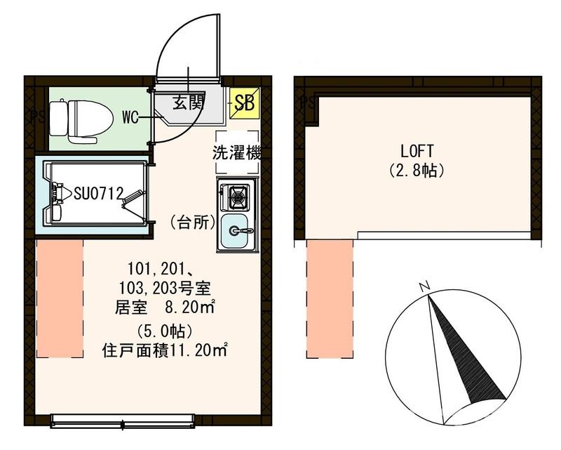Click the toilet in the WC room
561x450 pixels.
(x=84, y=119)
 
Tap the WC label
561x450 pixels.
(x=130, y=117)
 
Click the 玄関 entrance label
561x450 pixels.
(x=187, y=103)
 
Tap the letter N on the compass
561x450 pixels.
(x=424, y=286)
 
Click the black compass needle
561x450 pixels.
(x=463, y=351)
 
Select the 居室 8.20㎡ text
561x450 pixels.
(x=165, y=307)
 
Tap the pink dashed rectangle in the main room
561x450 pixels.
(x=60, y=298)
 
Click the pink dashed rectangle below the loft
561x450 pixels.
(x=329, y=298)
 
